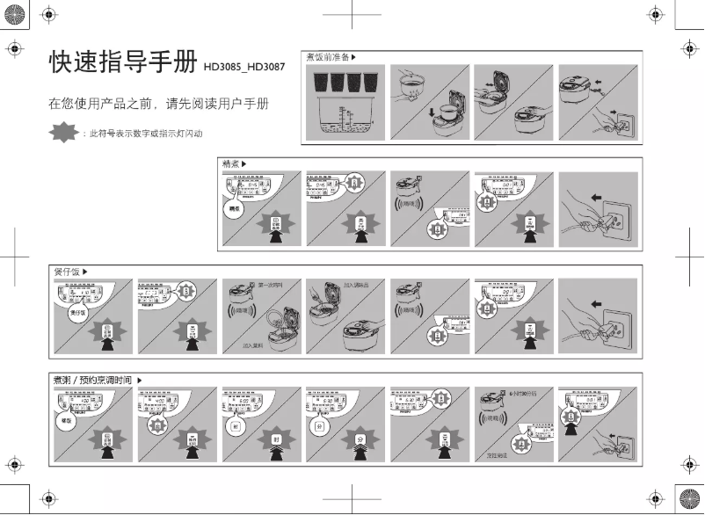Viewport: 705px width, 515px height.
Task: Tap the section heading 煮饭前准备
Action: [326, 57]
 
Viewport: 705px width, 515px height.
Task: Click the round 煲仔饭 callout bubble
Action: [79, 312]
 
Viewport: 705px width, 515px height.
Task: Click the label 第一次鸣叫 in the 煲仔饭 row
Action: [273, 285]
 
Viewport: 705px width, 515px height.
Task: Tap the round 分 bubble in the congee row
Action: [319, 425]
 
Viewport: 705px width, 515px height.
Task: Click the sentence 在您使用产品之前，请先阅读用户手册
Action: [157, 104]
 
